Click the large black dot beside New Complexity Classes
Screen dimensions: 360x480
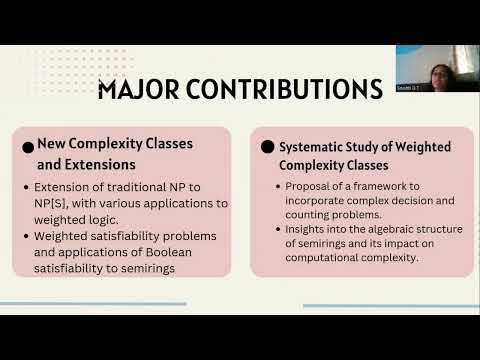[x=28, y=146]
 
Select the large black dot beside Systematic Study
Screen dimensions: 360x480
[x=267, y=146]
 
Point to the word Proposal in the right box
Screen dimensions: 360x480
[x=304, y=186]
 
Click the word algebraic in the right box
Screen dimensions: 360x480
[x=373, y=229]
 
